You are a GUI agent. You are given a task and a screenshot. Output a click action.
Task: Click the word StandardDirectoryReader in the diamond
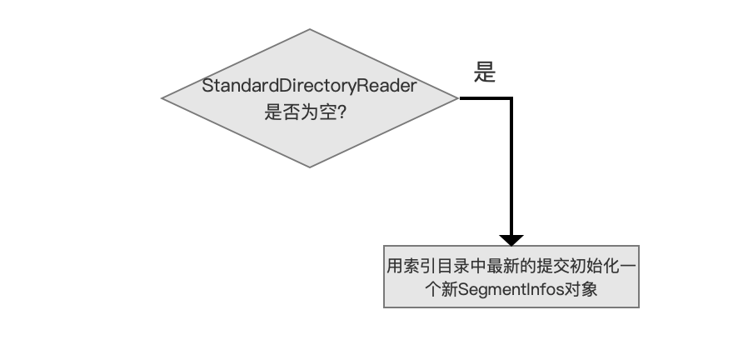pyautogui.click(x=309, y=86)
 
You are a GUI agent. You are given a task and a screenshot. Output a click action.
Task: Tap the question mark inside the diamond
pyautogui.click(x=342, y=112)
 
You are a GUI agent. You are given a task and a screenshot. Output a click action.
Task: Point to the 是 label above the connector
pyautogui.click(x=485, y=72)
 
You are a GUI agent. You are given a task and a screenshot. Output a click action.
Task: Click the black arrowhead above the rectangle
pyautogui.click(x=511, y=240)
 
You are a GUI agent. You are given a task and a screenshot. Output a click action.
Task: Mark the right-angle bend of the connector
pyautogui.click(x=511, y=98)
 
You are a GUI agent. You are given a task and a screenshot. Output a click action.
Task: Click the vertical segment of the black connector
pyautogui.click(x=511, y=167)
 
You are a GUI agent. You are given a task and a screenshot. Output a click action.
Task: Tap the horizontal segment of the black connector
pyautogui.click(x=485, y=98)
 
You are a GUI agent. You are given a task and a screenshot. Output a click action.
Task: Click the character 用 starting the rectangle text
pyautogui.click(x=395, y=266)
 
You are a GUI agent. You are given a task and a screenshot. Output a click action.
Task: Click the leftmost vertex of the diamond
pyautogui.click(x=162, y=98)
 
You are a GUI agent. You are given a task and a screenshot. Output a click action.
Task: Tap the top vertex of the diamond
pyautogui.click(x=310, y=29)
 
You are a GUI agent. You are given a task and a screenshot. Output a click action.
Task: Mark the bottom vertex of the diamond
pyautogui.click(x=310, y=167)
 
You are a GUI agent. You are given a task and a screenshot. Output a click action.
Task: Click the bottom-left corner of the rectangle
pyautogui.click(x=384, y=307)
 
